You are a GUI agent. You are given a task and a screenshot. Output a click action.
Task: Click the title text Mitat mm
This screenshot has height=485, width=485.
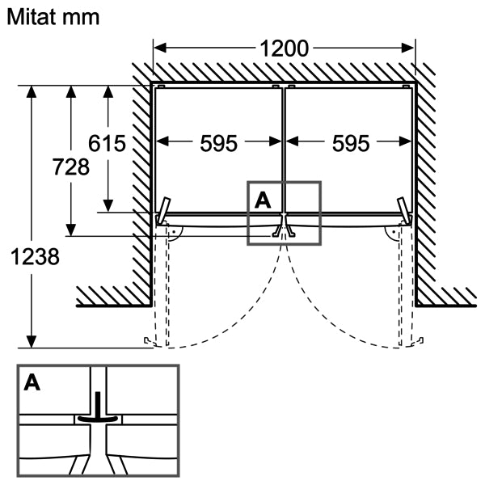click(x=53, y=17)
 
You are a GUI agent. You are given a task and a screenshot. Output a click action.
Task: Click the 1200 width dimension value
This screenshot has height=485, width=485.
click(x=284, y=48)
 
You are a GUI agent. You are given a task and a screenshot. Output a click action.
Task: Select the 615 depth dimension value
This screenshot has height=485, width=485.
click(x=107, y=144)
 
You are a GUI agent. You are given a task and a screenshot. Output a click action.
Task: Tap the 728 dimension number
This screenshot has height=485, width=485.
click(x=71, y=167)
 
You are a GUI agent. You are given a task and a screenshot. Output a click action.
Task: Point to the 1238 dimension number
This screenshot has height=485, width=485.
click(x=35, y=257)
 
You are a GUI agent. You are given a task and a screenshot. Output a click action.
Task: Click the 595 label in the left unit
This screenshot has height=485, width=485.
click(x=219, y=144)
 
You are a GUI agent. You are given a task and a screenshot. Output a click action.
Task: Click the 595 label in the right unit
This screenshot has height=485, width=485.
click(x=351, y=144)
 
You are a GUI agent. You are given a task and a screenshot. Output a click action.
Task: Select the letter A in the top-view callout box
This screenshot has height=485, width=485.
click(x=263, y=200)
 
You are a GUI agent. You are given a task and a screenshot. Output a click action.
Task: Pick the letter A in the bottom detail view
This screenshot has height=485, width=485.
click(x=32, y=382)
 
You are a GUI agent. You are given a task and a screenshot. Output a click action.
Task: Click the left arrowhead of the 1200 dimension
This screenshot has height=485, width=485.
click(x=160, y=48)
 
